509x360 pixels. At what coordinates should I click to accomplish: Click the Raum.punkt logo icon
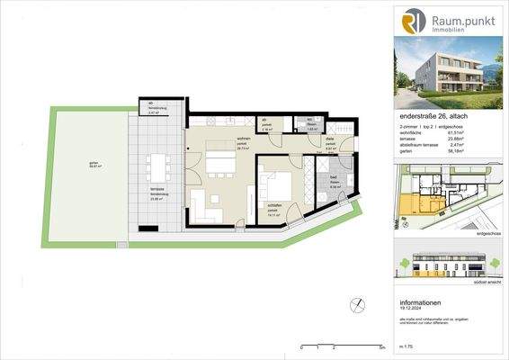pos(413,21)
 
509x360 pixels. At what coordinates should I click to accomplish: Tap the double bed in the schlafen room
pos(276,185)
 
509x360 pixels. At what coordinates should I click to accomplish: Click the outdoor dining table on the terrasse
pos(158,168)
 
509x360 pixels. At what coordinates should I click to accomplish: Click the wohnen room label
pos(217,140)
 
